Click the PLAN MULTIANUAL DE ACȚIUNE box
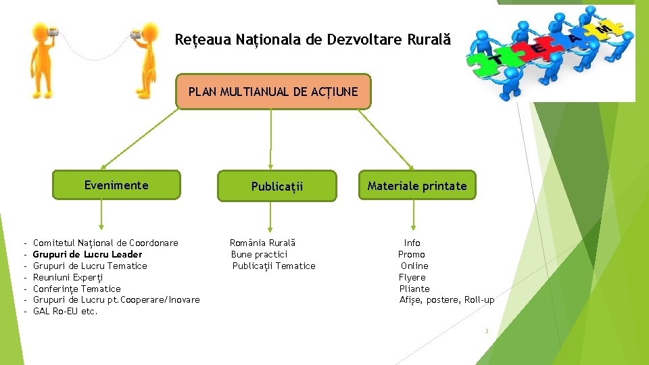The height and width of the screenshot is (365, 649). pos(273,92)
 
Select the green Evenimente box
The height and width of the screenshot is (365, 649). pos(116,185)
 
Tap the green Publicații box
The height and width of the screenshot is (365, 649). pos(277,186)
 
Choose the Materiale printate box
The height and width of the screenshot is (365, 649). pos(416,186)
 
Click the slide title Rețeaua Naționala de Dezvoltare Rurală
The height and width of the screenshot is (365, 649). pos(312,40)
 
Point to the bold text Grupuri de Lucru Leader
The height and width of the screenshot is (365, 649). pos(87,254)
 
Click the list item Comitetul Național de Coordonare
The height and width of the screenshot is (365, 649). pos(105,243)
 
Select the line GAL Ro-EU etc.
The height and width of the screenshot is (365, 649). pos(65,312)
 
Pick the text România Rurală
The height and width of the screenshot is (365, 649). pos(262,243)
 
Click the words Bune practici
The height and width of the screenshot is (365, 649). pos(259,254)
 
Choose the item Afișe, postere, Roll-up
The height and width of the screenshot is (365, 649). pos(446,300)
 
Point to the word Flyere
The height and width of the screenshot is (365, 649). pos(412,277)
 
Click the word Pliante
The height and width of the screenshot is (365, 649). pos(414,289)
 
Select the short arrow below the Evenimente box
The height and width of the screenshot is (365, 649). pos(101,216)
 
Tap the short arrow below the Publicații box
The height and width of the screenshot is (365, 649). pos(270,218)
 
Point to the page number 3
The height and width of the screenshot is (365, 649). pos(486,331)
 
